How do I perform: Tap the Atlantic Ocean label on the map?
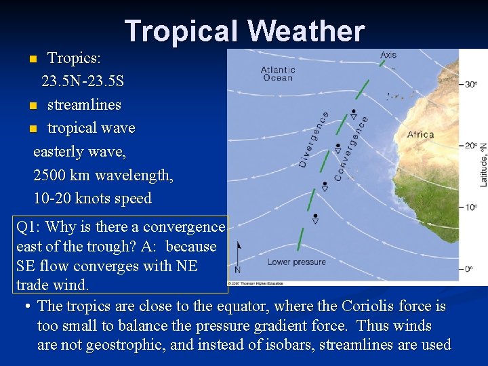[278, 73]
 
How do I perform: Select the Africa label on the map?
[420, 134]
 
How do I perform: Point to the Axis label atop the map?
[388, 55]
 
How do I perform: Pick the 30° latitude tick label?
[470, 84]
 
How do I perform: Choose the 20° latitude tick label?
[470, 146]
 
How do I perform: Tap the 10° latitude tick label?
[470, 207]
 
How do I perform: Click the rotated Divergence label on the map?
[313, 140]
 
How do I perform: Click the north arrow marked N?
[237, 261]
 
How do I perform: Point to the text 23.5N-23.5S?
[83, 81]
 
